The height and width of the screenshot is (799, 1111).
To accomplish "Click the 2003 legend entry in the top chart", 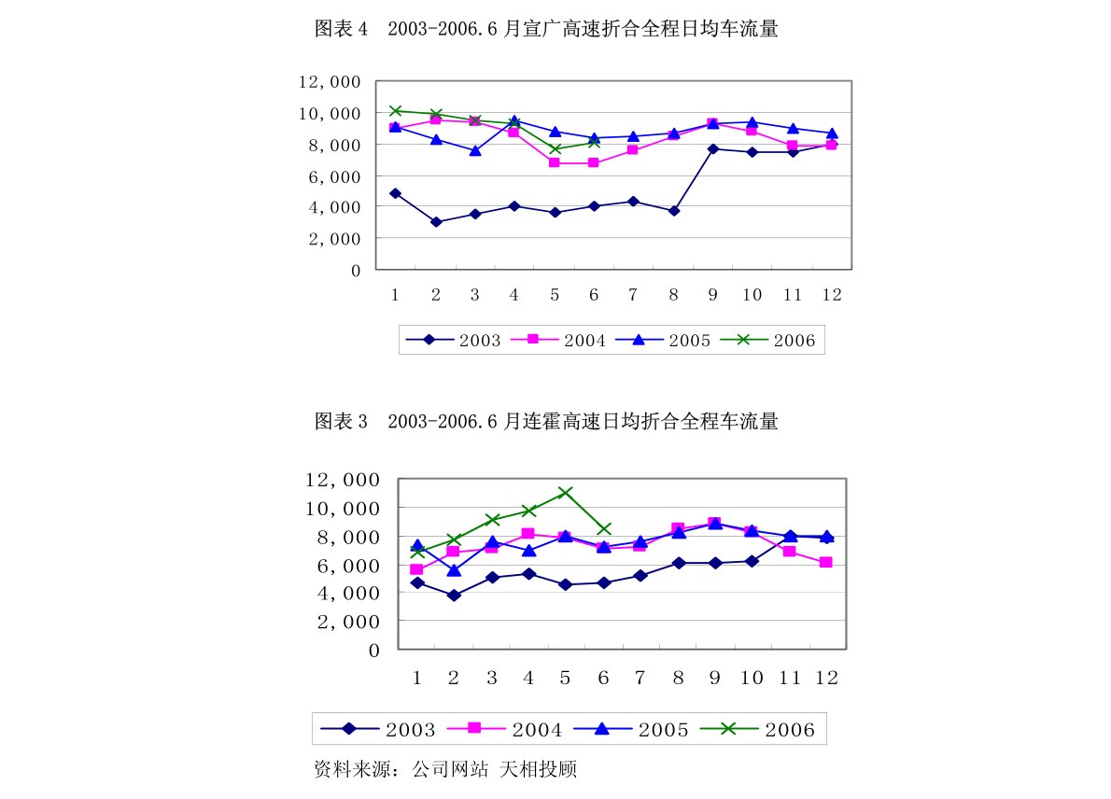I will click(x=462, y=341).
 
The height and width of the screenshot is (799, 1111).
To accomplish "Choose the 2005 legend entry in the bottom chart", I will click(x=643, y=730).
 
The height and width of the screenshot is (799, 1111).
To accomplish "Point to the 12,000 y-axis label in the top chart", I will click(x=330, y=82).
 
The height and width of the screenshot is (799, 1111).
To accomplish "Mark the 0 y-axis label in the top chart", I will click(x=355, y=271).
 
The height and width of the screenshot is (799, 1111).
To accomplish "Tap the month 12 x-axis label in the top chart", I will click(x=831, y=295).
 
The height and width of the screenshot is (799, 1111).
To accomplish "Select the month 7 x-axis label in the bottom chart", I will click(x=640, y=678).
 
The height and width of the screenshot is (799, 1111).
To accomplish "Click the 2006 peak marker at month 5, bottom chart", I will click(x=565, y=492).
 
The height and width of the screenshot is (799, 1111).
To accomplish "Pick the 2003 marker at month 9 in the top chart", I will click(x=712, y=148).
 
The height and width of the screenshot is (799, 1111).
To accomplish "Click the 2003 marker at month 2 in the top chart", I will click(x=435, y=222).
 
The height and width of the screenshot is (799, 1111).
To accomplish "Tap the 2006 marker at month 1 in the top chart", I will click(x=395, y=111).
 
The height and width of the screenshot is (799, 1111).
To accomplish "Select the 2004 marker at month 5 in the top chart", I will click(x=554, y=162).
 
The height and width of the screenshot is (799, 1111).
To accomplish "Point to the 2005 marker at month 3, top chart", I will click(x=475, y=149).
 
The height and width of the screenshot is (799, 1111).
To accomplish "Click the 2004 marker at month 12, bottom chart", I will click(x=826, y=562).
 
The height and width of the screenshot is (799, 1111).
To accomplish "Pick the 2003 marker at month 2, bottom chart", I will click(x=454, y=595).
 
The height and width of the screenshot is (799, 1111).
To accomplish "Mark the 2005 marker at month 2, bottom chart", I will click(x=454, y=569).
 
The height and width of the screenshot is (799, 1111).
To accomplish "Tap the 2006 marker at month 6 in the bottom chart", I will click(x=604, y=529).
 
